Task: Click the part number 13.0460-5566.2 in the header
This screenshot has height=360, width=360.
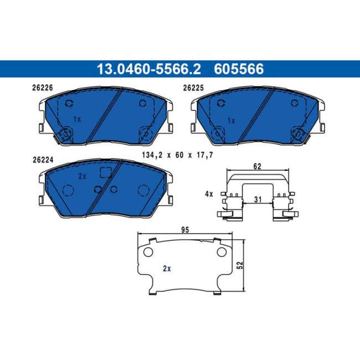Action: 148,69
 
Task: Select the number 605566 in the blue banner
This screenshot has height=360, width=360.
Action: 239,69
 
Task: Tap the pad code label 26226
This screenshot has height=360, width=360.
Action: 43,88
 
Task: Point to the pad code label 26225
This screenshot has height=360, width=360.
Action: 193,88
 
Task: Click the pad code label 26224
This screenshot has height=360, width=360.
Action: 43,160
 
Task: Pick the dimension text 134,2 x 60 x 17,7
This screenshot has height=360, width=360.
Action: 177,155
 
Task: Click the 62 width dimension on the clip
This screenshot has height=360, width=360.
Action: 257,167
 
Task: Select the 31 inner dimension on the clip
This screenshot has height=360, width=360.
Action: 258,199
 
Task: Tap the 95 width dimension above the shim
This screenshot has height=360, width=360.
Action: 185,230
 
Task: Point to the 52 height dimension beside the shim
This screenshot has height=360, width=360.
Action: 240,265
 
